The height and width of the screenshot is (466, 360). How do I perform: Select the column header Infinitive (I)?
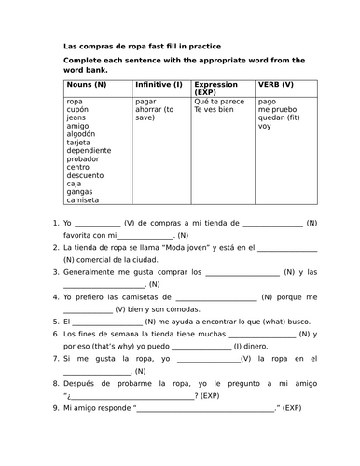pos(159,84)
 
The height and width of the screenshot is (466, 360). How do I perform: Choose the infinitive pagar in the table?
pos(145,100)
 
